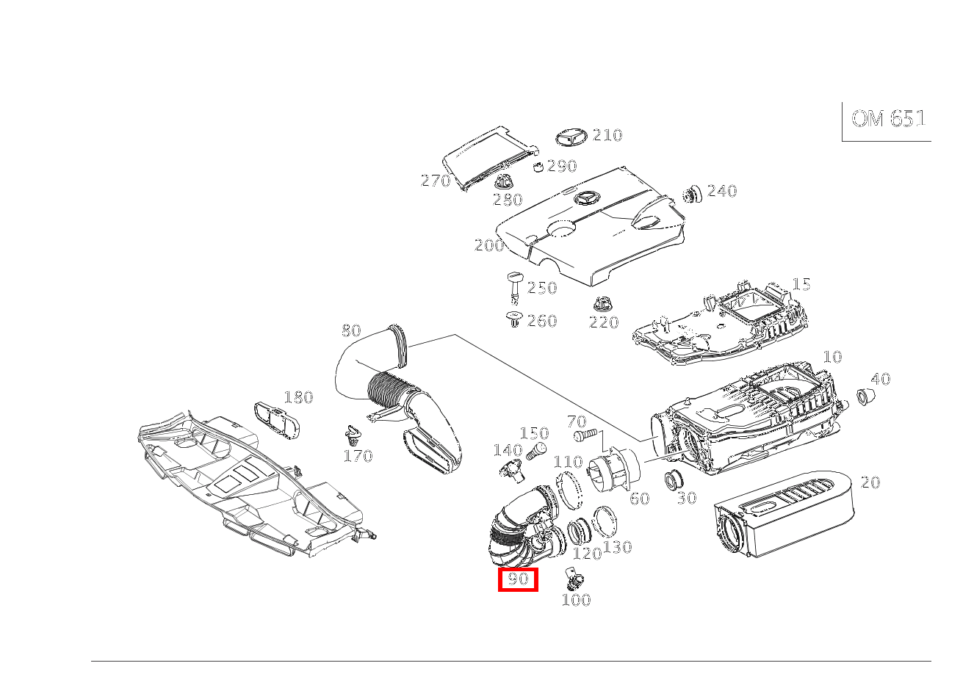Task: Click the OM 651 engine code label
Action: click(888, 118)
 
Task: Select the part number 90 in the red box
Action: click(518, 579)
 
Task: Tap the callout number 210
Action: click(607, 134)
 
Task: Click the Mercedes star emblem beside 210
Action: click(571, 137)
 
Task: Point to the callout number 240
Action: click(722, 191)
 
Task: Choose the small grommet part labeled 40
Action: click(866, 396)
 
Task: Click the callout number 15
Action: click(801, 284)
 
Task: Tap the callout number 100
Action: click(576, 600)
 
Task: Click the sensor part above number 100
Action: click(574, 578)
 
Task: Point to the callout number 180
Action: click(298, 397)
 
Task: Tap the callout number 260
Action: click(542, 321)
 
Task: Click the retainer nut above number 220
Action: click(602, 304)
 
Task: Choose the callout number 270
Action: click(436, 181)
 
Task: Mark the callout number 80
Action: click(351, 330)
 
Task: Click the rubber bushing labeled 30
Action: click(674, 479)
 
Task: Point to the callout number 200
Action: click(489, 245)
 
